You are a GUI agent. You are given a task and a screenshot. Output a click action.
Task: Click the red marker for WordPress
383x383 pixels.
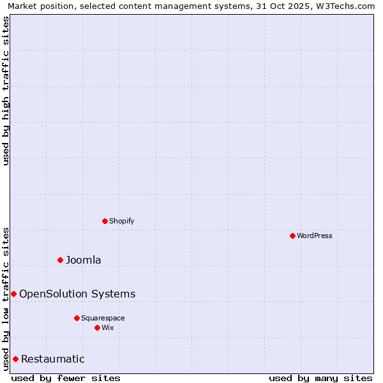292,236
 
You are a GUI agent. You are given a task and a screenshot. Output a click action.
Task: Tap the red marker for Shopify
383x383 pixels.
105,221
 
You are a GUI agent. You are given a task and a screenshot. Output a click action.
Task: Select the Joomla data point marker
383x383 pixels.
61,260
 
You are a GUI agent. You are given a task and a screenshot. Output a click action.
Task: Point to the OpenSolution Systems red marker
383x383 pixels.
13,294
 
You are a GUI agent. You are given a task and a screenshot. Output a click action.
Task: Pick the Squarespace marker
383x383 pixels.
77,318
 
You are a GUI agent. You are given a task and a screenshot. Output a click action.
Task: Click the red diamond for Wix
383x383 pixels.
97,327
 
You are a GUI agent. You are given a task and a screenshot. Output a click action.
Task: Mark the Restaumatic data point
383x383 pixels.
15,359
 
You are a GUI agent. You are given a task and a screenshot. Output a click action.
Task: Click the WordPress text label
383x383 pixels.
315,236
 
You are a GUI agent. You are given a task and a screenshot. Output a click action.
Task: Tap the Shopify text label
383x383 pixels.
121,221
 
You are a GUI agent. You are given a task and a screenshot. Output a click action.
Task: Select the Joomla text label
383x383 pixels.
84,260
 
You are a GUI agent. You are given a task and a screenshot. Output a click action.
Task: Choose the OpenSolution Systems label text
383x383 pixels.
77,294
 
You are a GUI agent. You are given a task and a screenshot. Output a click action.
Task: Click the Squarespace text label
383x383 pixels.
103,318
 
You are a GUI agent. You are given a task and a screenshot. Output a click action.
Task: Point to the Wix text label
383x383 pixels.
108,327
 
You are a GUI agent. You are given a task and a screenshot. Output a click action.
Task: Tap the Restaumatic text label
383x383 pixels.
53,359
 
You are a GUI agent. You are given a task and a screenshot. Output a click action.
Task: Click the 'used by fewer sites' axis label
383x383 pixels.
66,378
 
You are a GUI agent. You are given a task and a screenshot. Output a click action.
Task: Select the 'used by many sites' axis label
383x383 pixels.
320,378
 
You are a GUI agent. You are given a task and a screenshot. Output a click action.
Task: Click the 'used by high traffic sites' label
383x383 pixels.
6,91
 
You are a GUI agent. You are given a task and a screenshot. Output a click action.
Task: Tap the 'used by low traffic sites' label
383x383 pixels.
6,299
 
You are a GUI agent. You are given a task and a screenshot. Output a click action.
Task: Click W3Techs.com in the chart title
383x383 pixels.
349,6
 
